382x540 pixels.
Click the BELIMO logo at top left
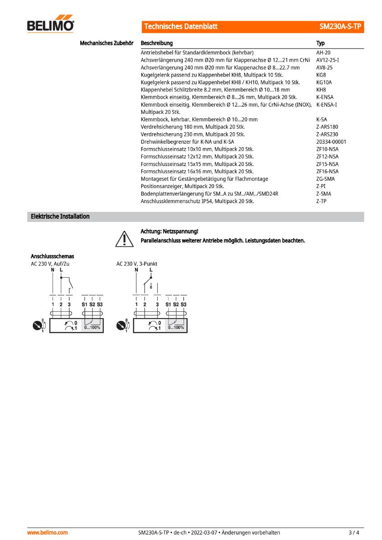coord(51,25)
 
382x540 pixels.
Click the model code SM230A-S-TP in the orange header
coord(340,27)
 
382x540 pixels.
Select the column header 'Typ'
coord(320,43)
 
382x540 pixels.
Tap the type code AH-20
coord(323,53)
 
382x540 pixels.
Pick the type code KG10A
coord(324,82)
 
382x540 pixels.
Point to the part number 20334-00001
coord(331,142)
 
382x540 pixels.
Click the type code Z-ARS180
coord(327,127)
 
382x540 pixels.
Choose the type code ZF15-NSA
coord(327,164)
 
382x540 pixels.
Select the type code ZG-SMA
coord(325,179)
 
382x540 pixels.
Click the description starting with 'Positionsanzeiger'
coord(182,186)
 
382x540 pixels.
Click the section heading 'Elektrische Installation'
coord(60,216)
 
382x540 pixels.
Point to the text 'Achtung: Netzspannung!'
coord(169,231)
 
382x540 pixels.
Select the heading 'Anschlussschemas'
coord(52,256)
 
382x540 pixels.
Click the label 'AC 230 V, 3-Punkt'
coord(137,264)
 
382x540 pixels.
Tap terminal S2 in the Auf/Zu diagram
coord(92,305)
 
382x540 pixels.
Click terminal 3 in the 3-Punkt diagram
coord(157,305)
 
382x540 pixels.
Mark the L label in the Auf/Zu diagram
coord(61,270)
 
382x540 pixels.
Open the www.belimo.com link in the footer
coord(48,533)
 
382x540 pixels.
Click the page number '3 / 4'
coord(354,533)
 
